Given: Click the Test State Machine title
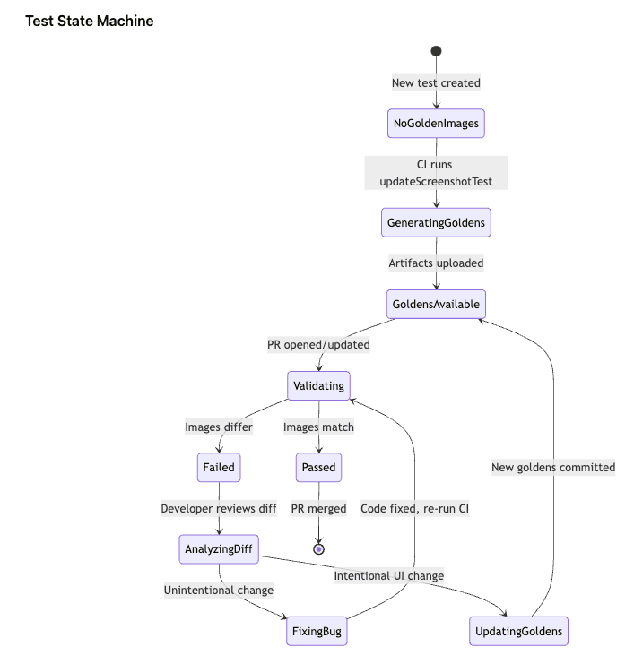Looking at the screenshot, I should pos(89,21).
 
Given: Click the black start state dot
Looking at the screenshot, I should pos(436,51).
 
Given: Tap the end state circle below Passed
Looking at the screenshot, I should pos(318,548).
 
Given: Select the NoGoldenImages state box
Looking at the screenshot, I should pos(436,123).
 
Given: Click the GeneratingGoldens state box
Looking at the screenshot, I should pos(436,222).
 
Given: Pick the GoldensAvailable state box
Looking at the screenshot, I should pos(436,304).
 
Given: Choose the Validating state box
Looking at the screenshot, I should pos(318,385).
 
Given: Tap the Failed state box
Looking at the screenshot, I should pos(219,467).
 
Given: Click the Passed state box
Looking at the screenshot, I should pos(318,467).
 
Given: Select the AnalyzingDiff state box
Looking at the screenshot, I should pos(219,549).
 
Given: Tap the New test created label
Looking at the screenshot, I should pos(436,83).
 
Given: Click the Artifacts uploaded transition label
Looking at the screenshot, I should pos(436,263).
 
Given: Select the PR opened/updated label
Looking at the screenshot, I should pos(318,344).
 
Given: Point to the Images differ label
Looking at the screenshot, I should pos(219,427).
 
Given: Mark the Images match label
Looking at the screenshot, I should pos(318,427).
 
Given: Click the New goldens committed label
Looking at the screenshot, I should pos(553,467).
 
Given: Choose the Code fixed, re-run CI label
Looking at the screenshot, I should pos(415,508).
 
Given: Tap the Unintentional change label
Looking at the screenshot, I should pos(219,591).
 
